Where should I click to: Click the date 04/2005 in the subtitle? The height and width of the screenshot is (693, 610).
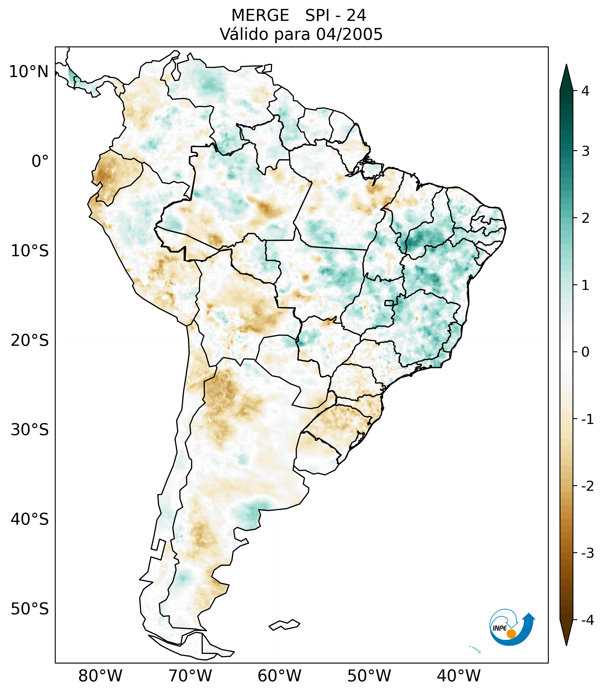click(349, 34)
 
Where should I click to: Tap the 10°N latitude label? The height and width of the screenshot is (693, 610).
click(28, 72)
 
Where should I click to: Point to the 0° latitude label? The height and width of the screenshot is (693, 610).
click(40, 161)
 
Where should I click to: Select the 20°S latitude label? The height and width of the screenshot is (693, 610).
click(30, 341)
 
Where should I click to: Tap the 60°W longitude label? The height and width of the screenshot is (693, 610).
click(279, 676)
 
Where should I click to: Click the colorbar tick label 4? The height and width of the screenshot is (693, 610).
click(585, 91)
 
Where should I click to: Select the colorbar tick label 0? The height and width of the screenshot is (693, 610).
click(585, 352)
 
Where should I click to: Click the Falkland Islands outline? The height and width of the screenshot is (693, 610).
click(284, 625)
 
